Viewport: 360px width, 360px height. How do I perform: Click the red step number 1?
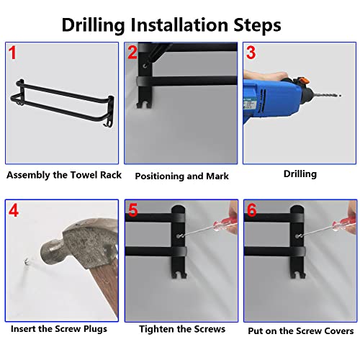pyautogui.click(x=12, y=53)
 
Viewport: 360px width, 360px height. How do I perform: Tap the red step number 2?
pyautogui.click(x=132, y=52)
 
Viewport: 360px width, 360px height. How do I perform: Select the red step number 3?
pyautogui.click(x=251, y=53)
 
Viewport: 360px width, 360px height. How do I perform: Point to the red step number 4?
pyautogui.click(x=14, y=210)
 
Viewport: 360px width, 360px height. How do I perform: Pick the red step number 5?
pyautogui.click(x=133, y=210)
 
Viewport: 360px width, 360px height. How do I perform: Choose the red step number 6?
pyautogui.click(x=252, y=210)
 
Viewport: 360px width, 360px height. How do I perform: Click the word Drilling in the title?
pyautogui.click(x=94, y=25)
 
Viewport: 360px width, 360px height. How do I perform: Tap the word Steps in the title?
pyautogui.click(x=257, y=25)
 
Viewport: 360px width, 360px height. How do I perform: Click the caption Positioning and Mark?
pyautogui.click(x=181, y=176)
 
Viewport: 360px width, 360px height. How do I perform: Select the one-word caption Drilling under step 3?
pyautogui.click(x=300, y=174)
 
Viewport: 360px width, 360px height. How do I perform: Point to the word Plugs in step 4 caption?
pyautogui.click(x=95, y=329)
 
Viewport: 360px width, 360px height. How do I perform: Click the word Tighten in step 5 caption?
pyautogui.click(x=156, y=329)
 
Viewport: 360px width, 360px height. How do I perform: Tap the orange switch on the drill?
pyautogui.click(x=302, y=80)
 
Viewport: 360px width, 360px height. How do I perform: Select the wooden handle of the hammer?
pyautogui.click(x=106, y=288)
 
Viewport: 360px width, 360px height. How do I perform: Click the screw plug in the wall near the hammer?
pyautogui.click(x=27, y=261)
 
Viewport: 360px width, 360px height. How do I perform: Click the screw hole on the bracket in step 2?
pyautogui.click(x=145, y=66)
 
